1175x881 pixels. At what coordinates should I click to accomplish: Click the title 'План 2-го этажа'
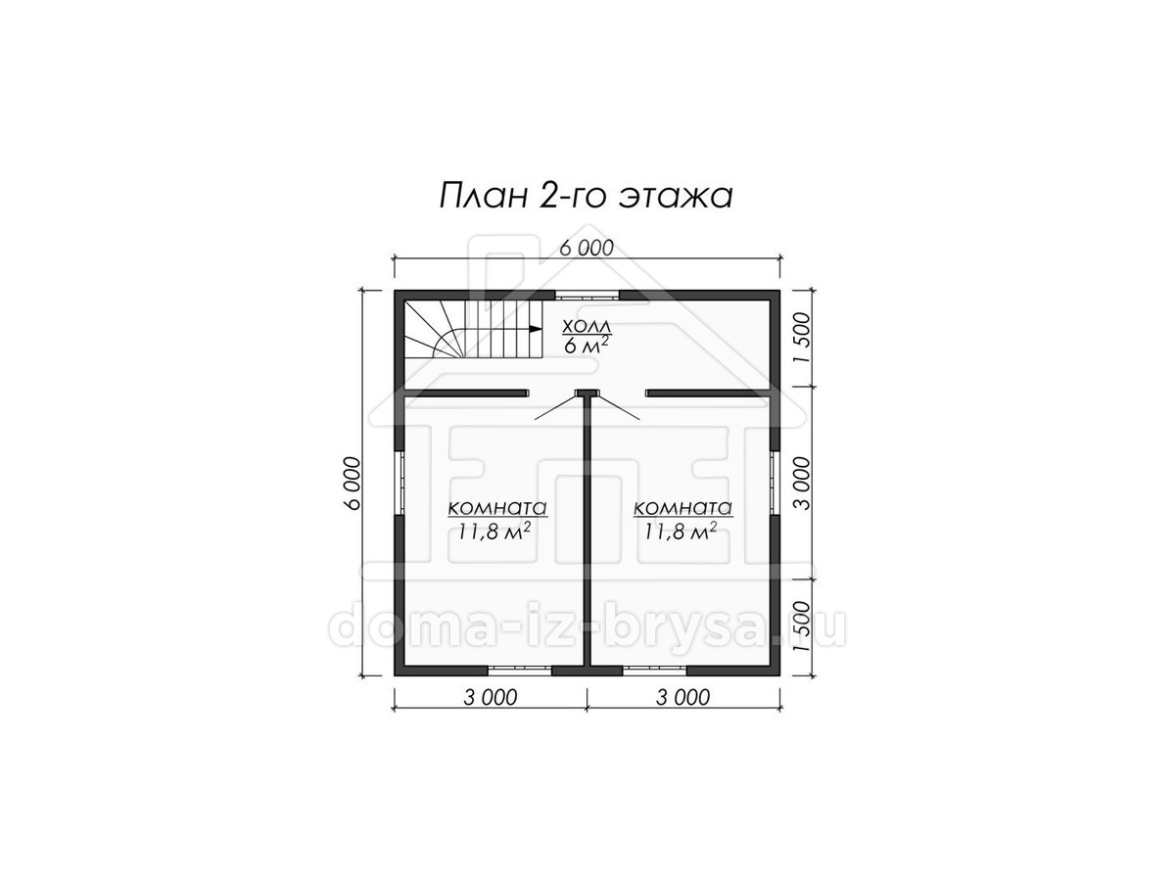pyautogui.click(x=586, y=197)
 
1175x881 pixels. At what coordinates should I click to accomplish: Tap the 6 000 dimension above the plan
pyautogui.click(x=587, y=249)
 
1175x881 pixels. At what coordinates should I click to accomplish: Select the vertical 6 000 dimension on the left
pyautogui.click(x=352, y=484)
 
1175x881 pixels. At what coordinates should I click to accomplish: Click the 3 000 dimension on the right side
pyautogui.click(x=804, y=484)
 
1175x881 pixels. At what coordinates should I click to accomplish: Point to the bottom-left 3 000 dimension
pyautogui.click(x=491, y=698)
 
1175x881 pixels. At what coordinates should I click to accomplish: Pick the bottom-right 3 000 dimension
pyautogui.click(x=682, y=698)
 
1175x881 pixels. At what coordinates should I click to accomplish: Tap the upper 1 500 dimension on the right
pyautogui.click(x=804, y=338)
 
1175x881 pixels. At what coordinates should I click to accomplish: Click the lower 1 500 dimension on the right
pyautogui.click(x=804, y=626)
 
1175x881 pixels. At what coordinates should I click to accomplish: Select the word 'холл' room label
pyautogui.click(x=586, y=326)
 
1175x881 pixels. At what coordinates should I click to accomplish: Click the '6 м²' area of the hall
pyautogui.click(x=586, y=345)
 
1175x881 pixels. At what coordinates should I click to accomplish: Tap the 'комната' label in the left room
pyautogui.click(x=497, y=507)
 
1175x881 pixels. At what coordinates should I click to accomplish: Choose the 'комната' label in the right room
pyautogui.click(x=682, y=507)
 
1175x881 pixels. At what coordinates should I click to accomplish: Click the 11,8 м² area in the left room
pyautogui.click(x=494, y=532)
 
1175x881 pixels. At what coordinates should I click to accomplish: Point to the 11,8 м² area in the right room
pyautogui.click(x=680, y=532)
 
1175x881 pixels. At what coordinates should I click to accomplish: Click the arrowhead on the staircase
pyautogui.click(x=535, y=329)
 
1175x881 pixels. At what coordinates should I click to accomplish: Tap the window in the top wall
pyautogui.click(x=587, y=296)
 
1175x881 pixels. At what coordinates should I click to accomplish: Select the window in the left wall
pyautogui.click(x=399, y=484)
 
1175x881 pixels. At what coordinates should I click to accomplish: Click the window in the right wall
pyautogui.click(x=775, y=484)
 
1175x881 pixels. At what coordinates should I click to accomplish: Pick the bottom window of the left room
pyautogui.click(x=519, y=671)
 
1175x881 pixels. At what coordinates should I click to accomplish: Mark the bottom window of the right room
pyautogui.click(x=654, y=671)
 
